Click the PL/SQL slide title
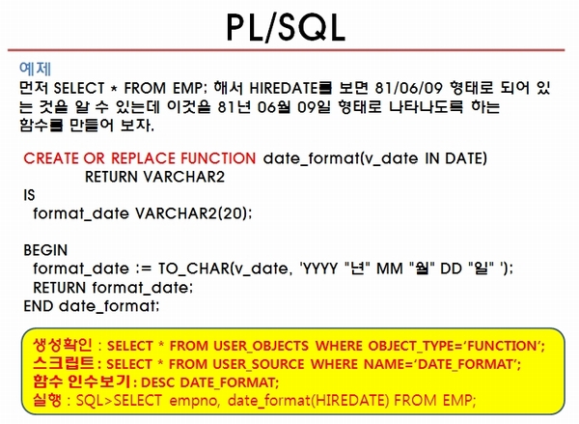click(x=287, y=27)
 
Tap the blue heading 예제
click(x=35, y=69)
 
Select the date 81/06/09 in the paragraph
click(x=408, y=88)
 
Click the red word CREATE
click(x=51, y=158)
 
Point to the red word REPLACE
click(x=143, y=158)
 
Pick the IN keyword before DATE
click(x=432, y=158)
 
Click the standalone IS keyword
click(x=29, y=195)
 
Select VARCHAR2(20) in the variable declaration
click(x=192, y=213)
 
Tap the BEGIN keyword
click(x=45, y=250)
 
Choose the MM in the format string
click(x=390, y=269)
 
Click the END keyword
click(x=39, y=306)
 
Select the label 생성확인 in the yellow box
click(x=63, y=345)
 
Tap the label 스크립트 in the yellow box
click(x=63, y=363)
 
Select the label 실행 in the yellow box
click(x=47, y=400)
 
